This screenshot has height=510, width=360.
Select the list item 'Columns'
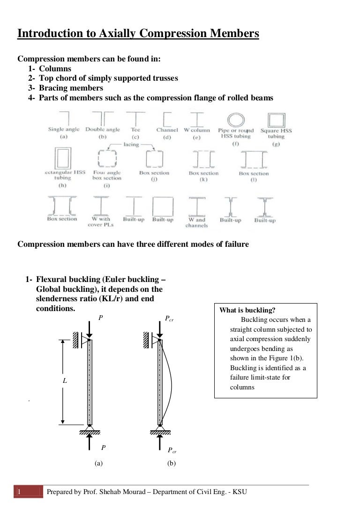point(55,69)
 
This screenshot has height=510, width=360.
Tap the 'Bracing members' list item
point(71,88)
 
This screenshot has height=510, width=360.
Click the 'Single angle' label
point(64,129)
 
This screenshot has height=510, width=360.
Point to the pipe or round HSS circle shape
point(236,119)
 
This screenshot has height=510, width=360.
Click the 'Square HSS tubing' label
point(276,133)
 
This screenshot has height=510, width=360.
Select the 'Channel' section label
point(167,130)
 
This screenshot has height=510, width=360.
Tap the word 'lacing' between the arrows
point(131,145)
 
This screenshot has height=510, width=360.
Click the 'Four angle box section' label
point(106,175)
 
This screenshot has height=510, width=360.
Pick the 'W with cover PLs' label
point(101,222)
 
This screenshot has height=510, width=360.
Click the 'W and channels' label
point(197,222)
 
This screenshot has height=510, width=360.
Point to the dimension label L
point(65,381)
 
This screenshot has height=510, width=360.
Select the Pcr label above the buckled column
point(170,319)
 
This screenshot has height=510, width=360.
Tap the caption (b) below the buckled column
point(171,463)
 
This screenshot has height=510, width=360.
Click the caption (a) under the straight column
point(98,463)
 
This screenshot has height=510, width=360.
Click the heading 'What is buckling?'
point(247,310)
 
